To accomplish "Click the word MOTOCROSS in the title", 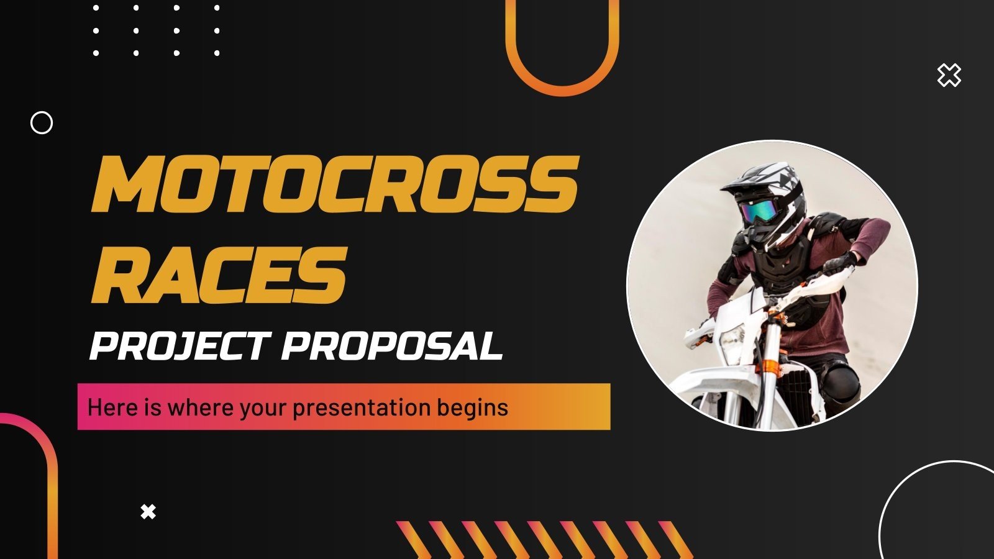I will point(335,184).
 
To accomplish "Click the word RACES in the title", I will point(219,275).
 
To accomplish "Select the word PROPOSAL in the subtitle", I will point(392,346).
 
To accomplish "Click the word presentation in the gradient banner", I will point(361,407).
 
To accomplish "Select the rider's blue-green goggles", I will point(760,212).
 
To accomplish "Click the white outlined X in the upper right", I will point(949,75).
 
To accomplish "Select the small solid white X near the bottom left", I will point(148,512).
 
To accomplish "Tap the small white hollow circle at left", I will point(42,123).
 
